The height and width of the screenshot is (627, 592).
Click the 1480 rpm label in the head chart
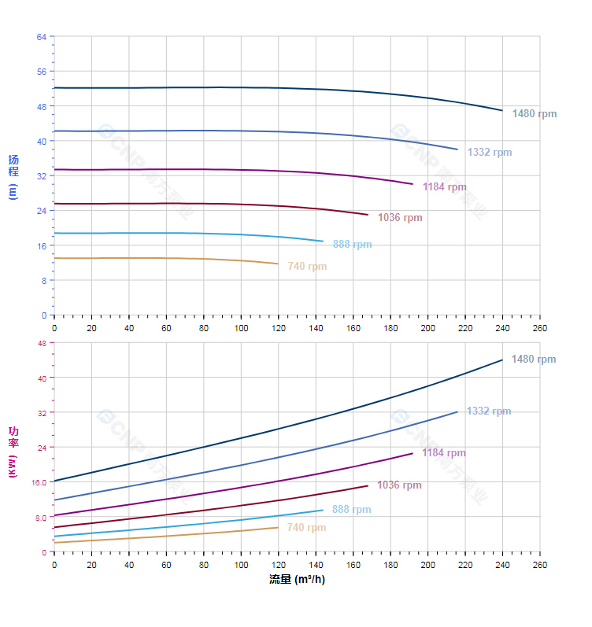534,114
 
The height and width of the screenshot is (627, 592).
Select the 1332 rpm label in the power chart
488,411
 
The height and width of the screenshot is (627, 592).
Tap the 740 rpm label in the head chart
307,267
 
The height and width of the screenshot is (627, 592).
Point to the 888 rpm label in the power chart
351,510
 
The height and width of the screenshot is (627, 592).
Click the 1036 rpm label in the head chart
400,218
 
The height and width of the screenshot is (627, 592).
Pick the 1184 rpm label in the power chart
443,453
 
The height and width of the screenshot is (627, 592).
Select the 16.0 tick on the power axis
39,482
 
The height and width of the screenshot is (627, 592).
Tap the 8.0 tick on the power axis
41,517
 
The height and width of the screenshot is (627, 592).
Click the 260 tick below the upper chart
540,327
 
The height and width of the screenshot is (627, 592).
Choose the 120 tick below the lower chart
279,565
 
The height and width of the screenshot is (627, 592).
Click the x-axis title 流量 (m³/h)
297,580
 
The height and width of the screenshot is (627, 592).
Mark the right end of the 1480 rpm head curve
502,110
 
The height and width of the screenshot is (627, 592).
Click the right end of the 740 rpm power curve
279,527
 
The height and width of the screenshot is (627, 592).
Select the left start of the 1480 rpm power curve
54,481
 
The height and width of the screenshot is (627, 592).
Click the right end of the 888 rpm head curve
324,242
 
